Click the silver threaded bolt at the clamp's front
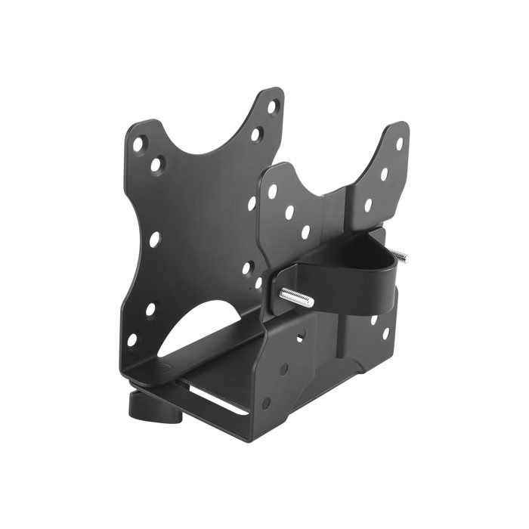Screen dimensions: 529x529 pyautogui.click(x=296, y=297)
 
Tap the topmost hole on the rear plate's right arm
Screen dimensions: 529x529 pyautogui.click(x=273, y=107)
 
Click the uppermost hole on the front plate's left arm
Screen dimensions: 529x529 pyautogui.click(x=272, y=191)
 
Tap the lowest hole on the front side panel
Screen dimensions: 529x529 pyautogui.click(x=265, y=403)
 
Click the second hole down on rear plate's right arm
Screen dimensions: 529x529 pyautogui.click(x=258, y=135)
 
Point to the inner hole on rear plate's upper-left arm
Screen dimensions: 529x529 pyautogui.click(x=156, y=162)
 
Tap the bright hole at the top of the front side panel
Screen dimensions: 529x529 pyautogui.click(x=300, y=336)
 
